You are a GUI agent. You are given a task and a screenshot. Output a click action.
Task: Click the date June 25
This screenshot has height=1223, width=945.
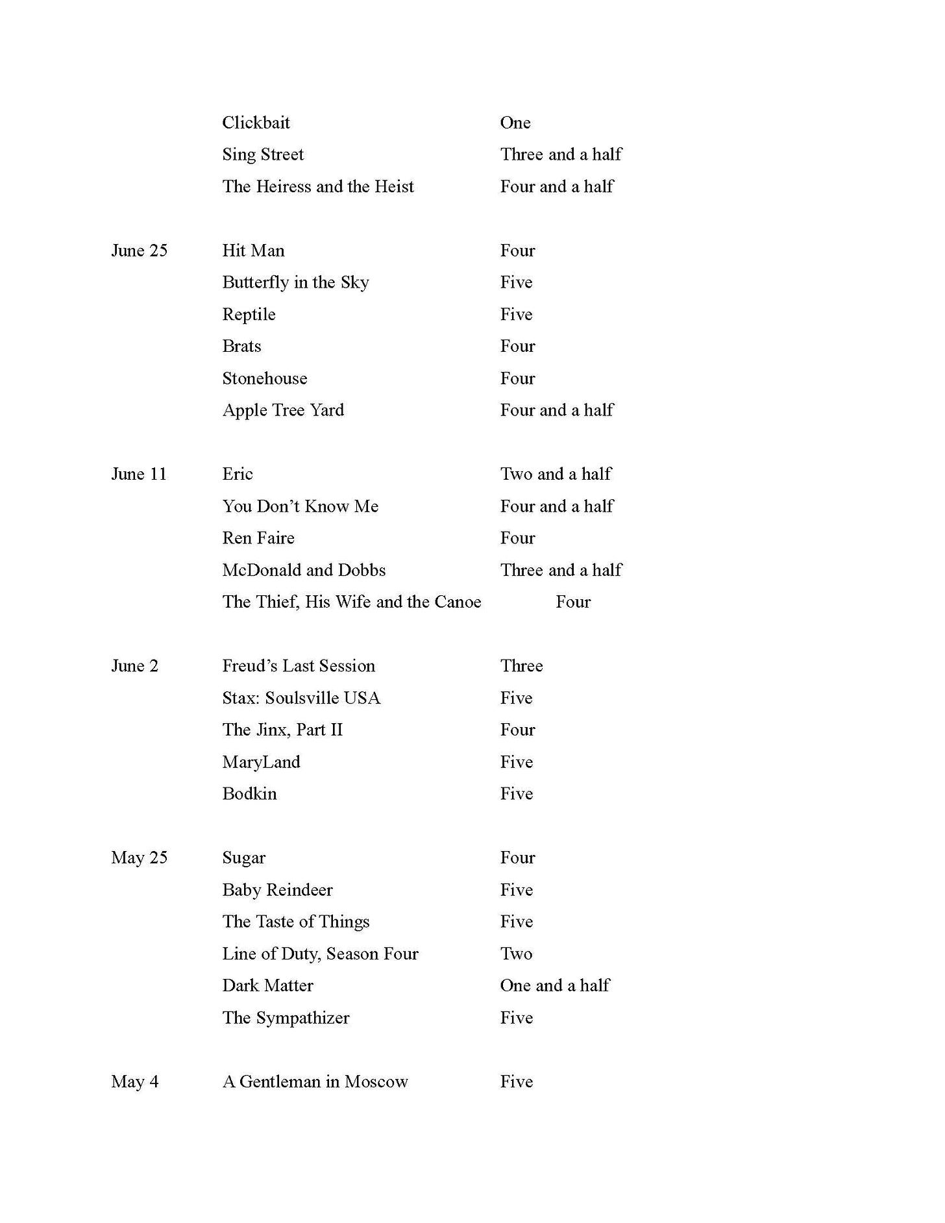tap(139, 251)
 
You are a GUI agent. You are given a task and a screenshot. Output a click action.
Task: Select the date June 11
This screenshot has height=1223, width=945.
tap(139, 474)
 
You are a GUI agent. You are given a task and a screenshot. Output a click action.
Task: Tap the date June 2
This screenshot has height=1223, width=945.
tap(134, 666)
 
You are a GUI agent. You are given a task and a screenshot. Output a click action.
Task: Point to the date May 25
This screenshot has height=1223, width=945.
tap(139, 858)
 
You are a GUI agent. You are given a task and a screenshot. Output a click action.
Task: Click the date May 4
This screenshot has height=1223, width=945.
tap(134, 1081)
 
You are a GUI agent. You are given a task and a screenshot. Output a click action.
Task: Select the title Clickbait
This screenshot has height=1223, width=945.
tap(256, 123)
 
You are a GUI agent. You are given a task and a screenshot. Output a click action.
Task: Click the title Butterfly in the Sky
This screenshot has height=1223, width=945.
tap(295, 282)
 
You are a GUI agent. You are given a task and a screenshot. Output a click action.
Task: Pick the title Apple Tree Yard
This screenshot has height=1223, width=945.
tap(283, 410)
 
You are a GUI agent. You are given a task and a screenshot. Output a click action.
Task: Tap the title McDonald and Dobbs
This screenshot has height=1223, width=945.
tap(304, 570)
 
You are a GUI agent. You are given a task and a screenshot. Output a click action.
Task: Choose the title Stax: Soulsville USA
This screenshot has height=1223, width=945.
tap(301, 698)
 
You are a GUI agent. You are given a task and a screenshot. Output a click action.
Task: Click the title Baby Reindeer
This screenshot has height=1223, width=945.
tap(277, 890)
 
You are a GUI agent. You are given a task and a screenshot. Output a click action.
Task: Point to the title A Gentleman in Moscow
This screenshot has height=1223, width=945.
tap(315, 1081)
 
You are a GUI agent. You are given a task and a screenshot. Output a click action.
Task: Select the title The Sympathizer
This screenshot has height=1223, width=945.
tap(286, 1018)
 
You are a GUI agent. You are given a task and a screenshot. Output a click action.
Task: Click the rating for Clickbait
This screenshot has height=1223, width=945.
tap(515, 123)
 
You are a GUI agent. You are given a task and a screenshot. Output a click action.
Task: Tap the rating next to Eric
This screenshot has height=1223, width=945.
tap(556, 474)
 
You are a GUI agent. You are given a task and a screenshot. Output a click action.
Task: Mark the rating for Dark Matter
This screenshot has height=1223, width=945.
tap(555, 985)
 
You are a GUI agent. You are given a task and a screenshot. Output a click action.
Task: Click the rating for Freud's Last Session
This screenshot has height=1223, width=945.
tap(521, 666)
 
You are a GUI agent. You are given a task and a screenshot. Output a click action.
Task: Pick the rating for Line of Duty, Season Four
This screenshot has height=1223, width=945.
tap(516, 954)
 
